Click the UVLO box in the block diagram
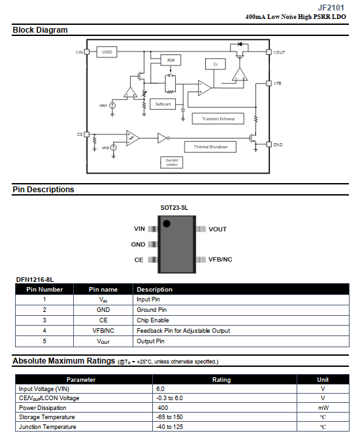point(106,52)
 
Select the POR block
point(171,60)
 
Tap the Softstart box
point(163,104)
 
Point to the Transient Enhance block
point(218,118)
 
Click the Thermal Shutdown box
point(210,147)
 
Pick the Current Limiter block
point(172,163)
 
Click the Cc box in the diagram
point(216,64)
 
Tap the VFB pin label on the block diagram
point(278,83)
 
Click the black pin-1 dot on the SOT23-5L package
point(167,224)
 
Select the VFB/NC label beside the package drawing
point(220,260)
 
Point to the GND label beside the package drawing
point(138,245)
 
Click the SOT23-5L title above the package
point(174,208)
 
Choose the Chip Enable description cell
point(153,320)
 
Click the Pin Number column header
point(44,290)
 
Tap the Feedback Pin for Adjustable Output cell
point(184,331)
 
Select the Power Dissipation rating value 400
point(163,408)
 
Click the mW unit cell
point(323,408)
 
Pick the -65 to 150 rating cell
point(169,417)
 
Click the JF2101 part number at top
point(331,8)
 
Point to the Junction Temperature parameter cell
point(48,427)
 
